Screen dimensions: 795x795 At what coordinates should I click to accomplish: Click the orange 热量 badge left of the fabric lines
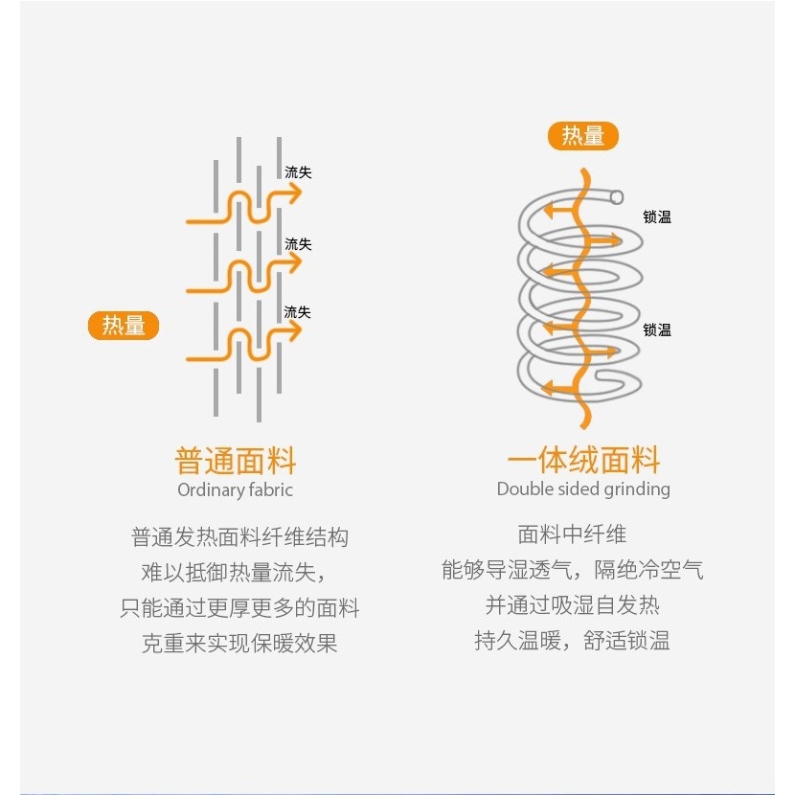coord(124,326)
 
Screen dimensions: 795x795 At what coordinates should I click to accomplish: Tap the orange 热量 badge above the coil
coord(583,136)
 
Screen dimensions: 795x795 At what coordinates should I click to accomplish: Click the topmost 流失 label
coord(298,172)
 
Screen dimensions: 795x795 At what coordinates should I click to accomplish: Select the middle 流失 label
coord(298,244)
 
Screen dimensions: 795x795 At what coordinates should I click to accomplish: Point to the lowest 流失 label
coord(297,312)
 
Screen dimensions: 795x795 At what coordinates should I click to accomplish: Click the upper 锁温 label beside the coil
coord(657,217)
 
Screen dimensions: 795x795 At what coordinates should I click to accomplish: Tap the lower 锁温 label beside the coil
coord(657,330)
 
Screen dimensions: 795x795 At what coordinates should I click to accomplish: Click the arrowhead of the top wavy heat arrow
coord(293,193)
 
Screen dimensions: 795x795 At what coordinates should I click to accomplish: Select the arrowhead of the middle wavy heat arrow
coord(293,262)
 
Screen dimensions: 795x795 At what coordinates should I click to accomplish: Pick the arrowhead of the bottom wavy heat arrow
coord(293,330)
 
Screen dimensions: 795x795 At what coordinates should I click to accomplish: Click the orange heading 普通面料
coord(236,461)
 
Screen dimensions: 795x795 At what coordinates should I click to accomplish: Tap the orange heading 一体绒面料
coord(583,460)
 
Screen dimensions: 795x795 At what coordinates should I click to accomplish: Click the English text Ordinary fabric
coord(236,489)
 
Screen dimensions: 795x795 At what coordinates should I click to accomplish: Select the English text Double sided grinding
coord(583,488)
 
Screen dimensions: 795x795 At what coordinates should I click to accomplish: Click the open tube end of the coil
coord(617,196)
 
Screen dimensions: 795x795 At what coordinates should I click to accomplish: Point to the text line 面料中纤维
coord(572,534)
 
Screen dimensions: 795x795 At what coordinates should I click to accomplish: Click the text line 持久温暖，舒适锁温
coord(572,641)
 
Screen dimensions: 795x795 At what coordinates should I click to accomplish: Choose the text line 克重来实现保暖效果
coord(239,644)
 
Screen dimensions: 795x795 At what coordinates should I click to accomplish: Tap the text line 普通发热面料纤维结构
coord(239,537)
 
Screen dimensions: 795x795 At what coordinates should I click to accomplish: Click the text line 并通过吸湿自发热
coord(572,605)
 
